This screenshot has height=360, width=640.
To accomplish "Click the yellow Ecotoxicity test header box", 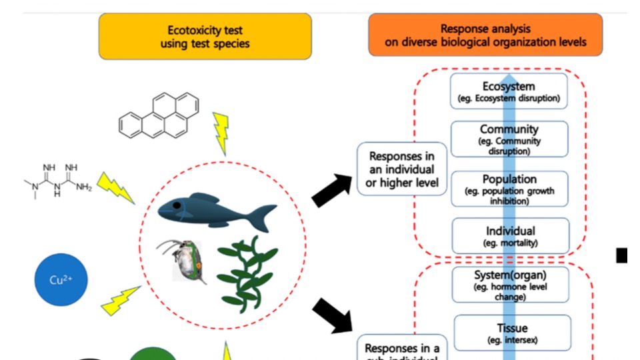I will point(205,36).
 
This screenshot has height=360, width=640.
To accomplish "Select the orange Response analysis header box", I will point(485,35).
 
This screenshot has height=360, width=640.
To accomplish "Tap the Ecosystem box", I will point(509,91).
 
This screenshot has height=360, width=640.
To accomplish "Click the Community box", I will point(509,139).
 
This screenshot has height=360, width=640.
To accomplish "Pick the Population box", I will point(509,189).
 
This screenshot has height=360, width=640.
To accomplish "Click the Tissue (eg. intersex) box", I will point(512,333).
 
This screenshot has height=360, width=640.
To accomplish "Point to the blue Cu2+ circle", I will point(61,279).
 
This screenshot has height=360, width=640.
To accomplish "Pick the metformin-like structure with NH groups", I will point(57,179).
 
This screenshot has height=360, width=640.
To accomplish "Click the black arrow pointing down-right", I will point(333,315).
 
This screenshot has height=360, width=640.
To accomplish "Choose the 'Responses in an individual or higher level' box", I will point(401,169).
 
